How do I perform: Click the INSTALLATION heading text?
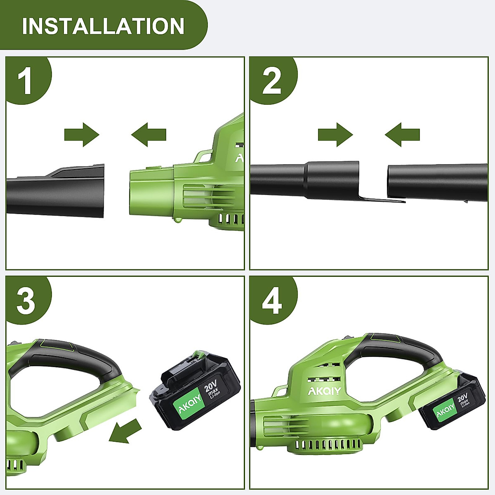[103, 26]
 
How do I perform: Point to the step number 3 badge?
[26, 300]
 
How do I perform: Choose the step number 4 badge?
[271, 300]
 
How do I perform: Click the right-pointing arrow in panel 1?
[82, 134]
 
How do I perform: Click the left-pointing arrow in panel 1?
[149, 134]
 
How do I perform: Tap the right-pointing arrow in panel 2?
[335, 134]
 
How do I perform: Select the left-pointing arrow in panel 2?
[402, 134]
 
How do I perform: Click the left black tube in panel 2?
[305, 179]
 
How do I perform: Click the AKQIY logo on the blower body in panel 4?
[324, 390]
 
